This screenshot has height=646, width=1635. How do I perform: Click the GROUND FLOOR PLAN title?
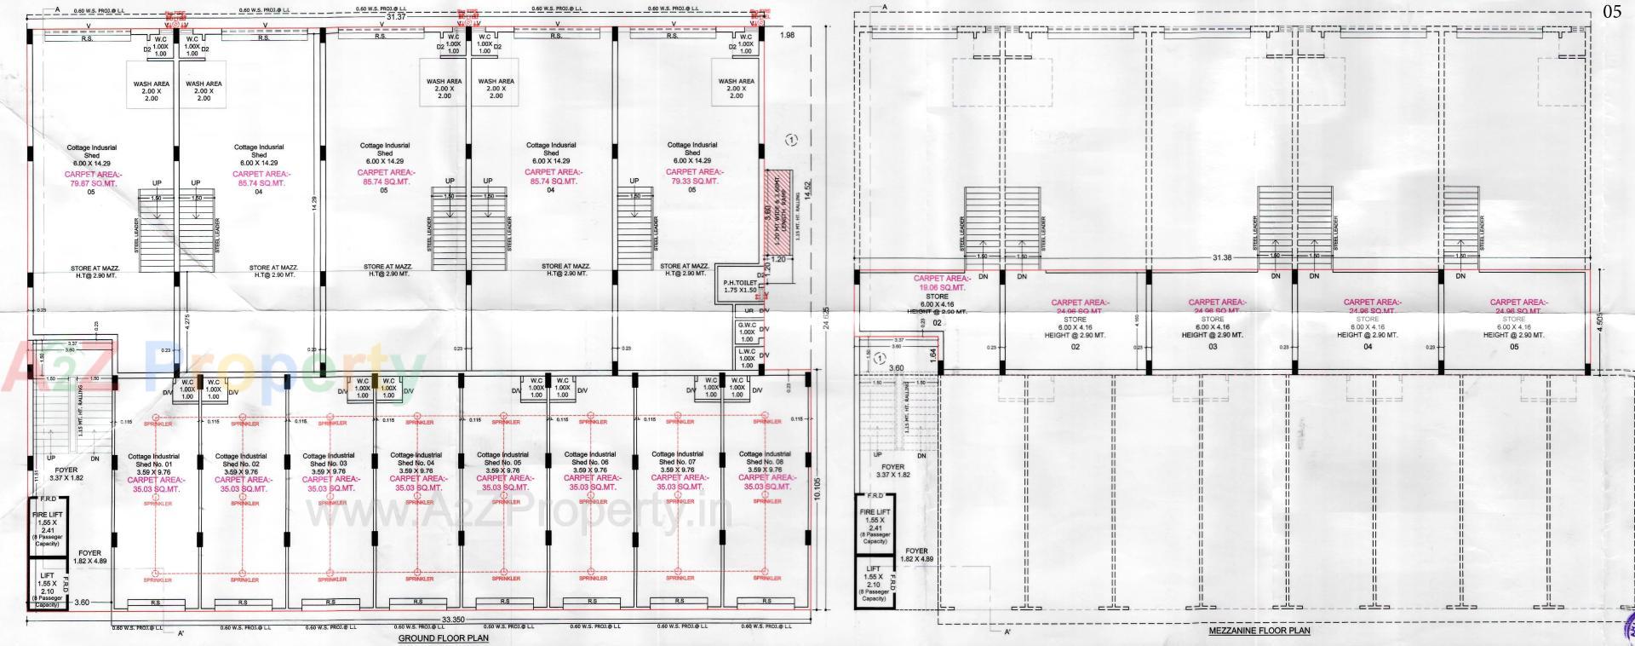tap(444, 638)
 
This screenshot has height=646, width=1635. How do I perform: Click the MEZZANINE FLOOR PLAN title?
tap(1259, 632)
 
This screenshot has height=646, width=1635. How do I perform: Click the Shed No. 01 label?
tap(153, 464)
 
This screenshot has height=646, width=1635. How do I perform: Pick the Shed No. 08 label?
tap(764, 462)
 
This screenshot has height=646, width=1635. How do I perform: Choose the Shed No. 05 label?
tap(502, 463)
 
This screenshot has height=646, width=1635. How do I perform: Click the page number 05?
tap(1612, 11)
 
